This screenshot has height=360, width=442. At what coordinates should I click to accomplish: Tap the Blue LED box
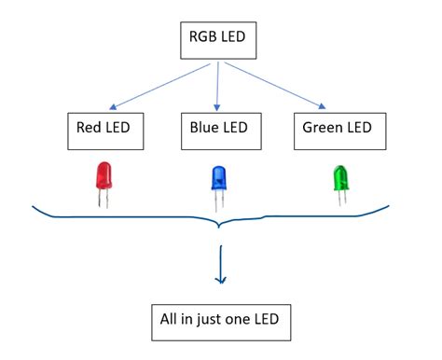[216, 132]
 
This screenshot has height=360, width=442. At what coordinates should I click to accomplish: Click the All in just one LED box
[221, 323]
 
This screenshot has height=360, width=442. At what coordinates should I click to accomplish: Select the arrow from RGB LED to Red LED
[159, 86]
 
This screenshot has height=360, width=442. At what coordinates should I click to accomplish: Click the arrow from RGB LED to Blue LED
[218, 86]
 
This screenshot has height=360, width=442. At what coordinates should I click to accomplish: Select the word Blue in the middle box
[200, 132]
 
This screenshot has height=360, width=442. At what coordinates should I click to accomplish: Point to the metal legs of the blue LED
[220, 202]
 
